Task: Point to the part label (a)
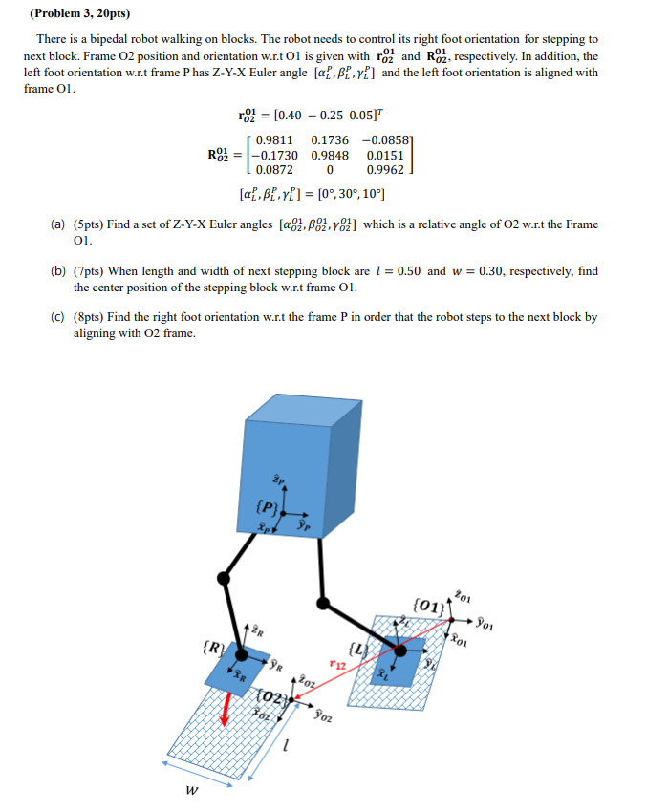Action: click(x=57, y=224)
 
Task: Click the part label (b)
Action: click(x=57, y=270)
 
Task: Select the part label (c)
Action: click(x=57, y=316)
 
